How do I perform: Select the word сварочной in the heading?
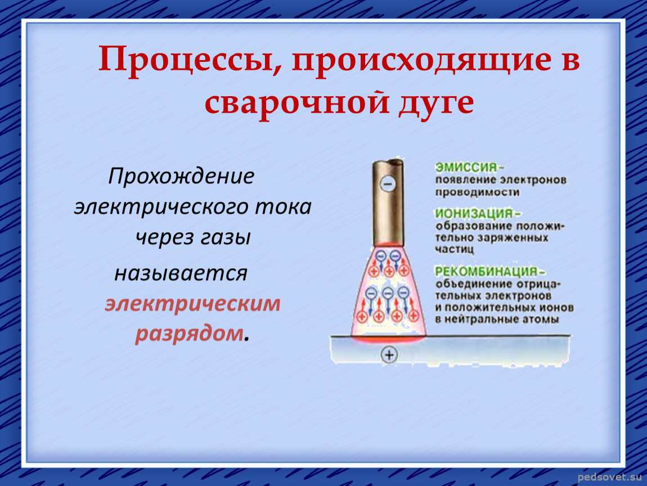coord(297,103)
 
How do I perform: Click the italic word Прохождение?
coord(181,177)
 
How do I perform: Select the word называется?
coord(181,273)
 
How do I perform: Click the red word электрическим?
coord(193,304)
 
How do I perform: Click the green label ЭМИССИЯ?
coord(466,168)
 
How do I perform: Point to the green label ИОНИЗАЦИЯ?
coord(474,214)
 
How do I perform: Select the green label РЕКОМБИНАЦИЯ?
coord(486,272)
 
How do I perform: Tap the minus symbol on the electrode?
coord(388,183)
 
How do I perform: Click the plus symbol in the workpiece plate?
coord(389,354)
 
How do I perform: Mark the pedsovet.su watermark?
coord(610,478)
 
